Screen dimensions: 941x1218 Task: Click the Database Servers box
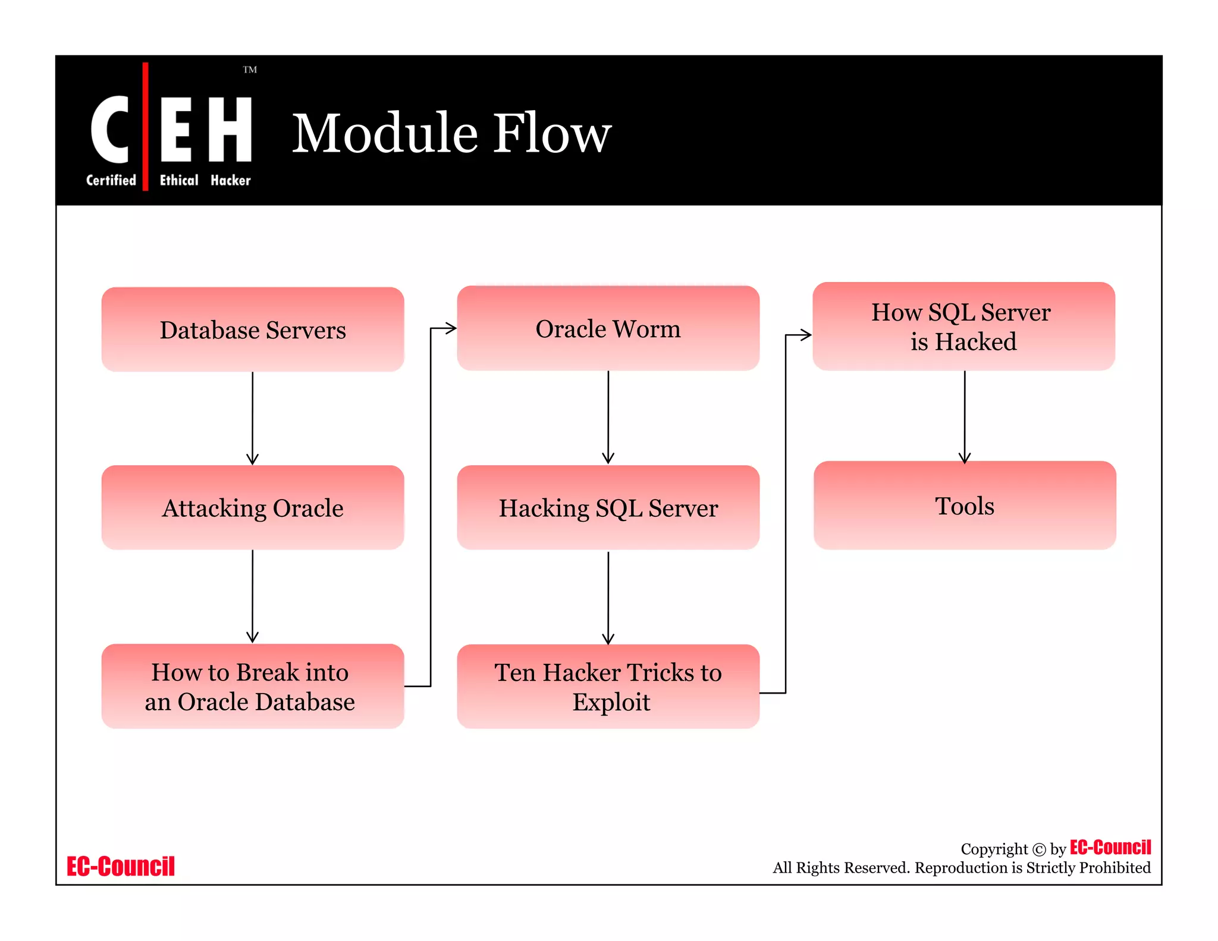[253, 330]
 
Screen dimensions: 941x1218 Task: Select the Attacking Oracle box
[253, 508]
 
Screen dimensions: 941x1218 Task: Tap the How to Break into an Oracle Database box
[253, 686]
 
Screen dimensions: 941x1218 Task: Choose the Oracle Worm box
[608, 328]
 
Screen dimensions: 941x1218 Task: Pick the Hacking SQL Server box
[608, 508]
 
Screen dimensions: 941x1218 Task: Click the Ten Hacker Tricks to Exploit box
[608, 686]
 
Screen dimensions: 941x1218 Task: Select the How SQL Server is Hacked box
[963, 327]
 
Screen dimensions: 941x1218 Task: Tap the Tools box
[965, 506]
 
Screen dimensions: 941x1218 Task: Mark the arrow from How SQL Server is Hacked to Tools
[965, 416]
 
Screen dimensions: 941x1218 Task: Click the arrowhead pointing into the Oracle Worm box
[451, 328]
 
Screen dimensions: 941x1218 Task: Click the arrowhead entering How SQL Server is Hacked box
[806, 335]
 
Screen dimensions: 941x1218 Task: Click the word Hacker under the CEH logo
[230, 180]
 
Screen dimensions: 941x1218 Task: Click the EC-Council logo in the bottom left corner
[121, 867]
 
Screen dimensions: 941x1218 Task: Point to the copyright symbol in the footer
[1038, 849]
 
